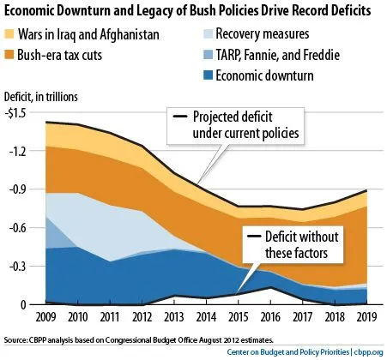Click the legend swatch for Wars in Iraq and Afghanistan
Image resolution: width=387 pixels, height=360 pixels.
(x=12, y=34)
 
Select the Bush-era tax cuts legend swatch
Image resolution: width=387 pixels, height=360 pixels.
(x=12, y=53)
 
